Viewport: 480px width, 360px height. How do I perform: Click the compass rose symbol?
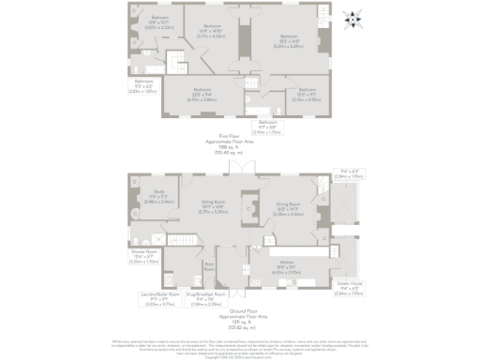352,17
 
